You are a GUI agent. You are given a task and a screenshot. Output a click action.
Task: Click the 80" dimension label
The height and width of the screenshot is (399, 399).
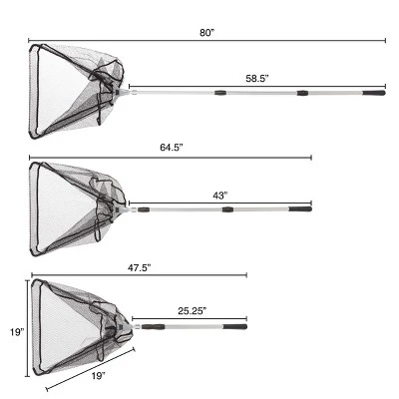(207, 33)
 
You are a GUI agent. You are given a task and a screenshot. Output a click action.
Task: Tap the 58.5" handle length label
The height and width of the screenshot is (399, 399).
(257, 79)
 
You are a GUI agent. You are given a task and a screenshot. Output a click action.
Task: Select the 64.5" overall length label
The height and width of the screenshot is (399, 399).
(172, 148)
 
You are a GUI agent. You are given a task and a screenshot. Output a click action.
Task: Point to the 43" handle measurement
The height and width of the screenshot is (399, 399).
(219, 196)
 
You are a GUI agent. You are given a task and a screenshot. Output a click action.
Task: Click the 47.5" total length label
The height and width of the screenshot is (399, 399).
(140, 268)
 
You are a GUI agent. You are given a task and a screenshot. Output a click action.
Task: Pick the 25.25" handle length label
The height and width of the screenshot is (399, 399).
(193, 311)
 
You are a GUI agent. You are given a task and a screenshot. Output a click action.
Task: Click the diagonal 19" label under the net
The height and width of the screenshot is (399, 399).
(99, 376)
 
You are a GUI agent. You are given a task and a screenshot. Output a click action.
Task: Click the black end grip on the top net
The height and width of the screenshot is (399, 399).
(374, 93)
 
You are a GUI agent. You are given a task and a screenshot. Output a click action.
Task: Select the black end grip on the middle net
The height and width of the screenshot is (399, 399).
(300, 209)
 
